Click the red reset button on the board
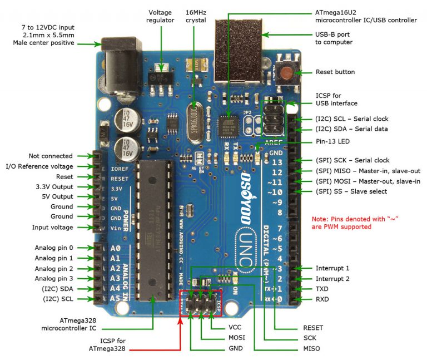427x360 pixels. (x=286, y=73)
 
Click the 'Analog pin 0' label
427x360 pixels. (x=54, y=248)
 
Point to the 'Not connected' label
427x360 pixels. (x=51, y=156)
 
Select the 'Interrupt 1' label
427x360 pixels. (x=332, y=268)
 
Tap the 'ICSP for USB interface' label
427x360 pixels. (x=336, y=99)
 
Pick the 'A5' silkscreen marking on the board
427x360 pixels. (x=116, y=299)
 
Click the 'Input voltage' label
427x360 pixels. (x=53, y=228)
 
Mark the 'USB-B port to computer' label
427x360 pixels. (x=334, y=38)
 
